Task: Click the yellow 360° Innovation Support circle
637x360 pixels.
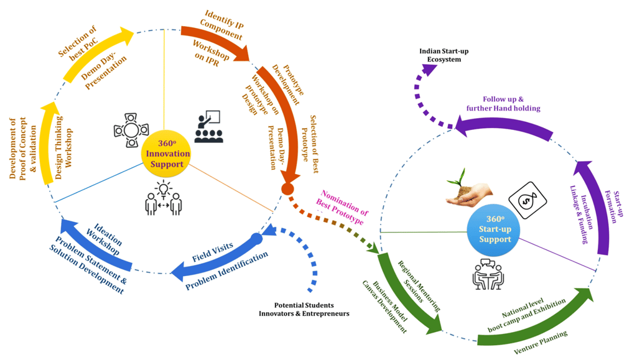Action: tap(165, 154)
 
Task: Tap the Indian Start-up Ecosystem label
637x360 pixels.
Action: tap(444, 55)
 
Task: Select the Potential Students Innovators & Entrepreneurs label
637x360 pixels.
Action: tap(304, 309)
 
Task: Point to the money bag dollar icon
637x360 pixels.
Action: tap(528, 200)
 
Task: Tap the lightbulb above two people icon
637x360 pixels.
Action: tap(164, 198)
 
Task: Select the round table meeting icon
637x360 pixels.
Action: tap(131, 131)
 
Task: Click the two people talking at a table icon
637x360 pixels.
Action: tap(488, 274)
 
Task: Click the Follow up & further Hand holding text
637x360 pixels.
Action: tap(503, 103)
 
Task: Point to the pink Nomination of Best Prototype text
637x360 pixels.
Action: tap(342, 207)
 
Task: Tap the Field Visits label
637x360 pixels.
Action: tap(213, 252)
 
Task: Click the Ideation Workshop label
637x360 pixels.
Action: tap(105, 239)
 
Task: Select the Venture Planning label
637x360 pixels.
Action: tap(541, 343)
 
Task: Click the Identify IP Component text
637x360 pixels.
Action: tap(222, 25)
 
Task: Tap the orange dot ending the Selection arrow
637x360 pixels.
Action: tap(287, 189)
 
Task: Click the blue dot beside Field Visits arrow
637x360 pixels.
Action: tap(256, 239)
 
